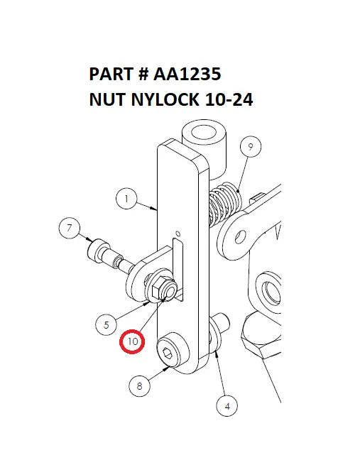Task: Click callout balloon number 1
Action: click(x=126, y=200)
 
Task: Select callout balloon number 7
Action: click(x=69, y=229)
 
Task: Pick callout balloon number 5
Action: click(x=106, y=325)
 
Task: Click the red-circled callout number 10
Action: click(x=132, y=341)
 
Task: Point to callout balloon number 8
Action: click(x=139, y=386)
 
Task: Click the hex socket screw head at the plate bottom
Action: click(x=169, y=353)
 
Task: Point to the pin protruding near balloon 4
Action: click(x=222, y=324)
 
